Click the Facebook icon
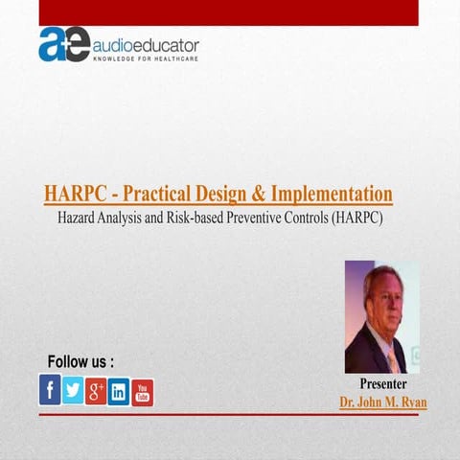[50, 390]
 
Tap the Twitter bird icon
[73, 391]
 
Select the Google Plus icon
[96, 391]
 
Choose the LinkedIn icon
[119, 391]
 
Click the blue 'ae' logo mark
[63, 44]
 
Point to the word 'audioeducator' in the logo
[146, 43]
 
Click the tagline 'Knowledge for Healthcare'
[146, 58]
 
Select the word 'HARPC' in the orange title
[72, 194]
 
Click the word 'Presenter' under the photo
[382, 385]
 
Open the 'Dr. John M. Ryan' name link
[382, 402]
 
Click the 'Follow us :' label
[81, 362]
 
